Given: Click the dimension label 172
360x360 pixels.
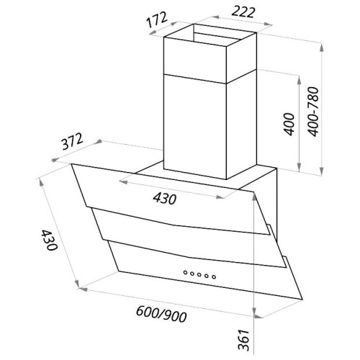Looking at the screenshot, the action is coord(157,19).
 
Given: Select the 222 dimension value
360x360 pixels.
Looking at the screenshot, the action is coord(243,12).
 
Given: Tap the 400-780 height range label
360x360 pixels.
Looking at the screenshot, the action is coord(313,112).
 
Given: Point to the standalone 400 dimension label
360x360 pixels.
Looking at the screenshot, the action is coord(289,125).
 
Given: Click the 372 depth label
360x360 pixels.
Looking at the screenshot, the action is coord(72,141).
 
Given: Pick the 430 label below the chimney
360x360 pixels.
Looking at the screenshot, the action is coord(165,199).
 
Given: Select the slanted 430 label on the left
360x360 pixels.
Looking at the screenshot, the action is coord(49,240).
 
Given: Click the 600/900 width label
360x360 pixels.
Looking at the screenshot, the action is coord(161,314).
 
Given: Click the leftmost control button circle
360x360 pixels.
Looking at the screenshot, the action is coord(186,272).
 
